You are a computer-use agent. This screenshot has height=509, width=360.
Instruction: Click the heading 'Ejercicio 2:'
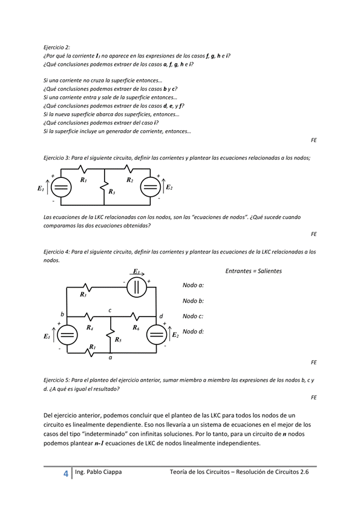click(57, 47)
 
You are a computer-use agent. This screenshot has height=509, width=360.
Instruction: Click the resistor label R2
click(130, 180)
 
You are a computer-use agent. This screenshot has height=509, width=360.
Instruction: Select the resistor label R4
click(89, 327)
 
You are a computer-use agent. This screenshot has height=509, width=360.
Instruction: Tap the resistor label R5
click(118, 340)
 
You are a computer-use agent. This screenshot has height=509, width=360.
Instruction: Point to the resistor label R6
click(136, 327)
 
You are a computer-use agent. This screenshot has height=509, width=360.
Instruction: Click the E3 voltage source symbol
click(137, 287)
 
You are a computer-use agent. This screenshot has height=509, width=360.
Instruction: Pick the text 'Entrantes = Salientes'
click(253, 271)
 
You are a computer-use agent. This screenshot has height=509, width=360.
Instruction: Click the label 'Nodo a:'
click(193, 284)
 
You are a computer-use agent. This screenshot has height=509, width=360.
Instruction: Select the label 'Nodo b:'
click(193, 300)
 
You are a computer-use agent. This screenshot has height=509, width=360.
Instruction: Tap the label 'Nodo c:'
click(193, 316)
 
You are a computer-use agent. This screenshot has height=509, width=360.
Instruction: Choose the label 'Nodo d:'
click(193, 332)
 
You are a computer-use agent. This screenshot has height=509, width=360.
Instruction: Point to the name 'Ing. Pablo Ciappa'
click(97, 471)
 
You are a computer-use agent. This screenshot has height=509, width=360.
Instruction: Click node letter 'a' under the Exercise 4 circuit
click(110, 358)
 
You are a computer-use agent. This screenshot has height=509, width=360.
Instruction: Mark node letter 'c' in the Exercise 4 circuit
click(110, 310)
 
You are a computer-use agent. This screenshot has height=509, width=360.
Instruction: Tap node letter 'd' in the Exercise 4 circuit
click(161, 316)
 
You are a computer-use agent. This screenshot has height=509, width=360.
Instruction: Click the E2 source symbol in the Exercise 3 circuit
click(149, 188)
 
